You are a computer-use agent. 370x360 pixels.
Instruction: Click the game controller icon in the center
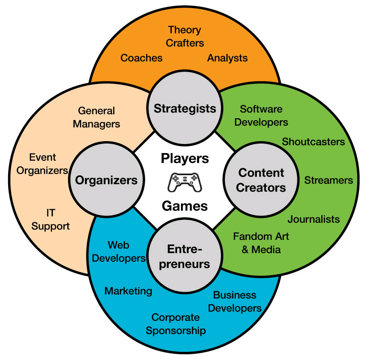(184, 182)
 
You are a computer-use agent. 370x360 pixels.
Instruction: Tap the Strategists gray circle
(185, 109)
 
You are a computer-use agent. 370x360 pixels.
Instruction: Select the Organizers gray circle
(106, 180)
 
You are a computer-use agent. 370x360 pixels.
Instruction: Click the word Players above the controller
(184, 158)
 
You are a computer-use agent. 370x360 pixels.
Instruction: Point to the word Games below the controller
(184, 206)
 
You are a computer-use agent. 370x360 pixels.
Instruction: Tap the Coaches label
(141, 58)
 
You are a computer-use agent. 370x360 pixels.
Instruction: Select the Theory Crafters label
(184, 37)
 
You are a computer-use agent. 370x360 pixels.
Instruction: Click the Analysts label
(227, 58)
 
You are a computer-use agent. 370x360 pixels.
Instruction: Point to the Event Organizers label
(42, 164)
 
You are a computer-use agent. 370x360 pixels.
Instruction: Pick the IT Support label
(51, 220)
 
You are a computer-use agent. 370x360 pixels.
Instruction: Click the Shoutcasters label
(313, 142)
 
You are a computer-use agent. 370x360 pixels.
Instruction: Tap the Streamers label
(328, 180)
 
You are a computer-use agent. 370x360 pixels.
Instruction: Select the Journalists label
(314, 219)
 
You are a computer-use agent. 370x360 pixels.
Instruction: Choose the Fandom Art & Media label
(261, 243)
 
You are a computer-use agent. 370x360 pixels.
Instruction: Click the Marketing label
(128, 291)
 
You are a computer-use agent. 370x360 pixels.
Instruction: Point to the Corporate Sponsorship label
(176, 324)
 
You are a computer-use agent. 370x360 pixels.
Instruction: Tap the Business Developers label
(234, 301)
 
